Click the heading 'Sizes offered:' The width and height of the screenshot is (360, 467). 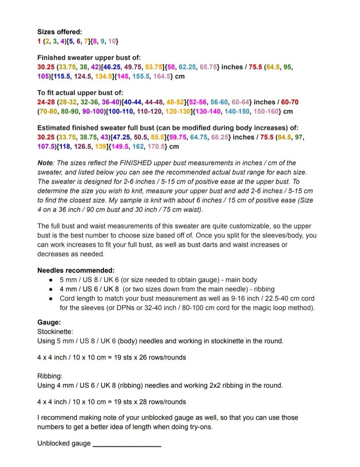pyautogui.click(x=60, y=32)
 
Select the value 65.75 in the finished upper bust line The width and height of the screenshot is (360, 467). pyautogui.click(x=209, y=67)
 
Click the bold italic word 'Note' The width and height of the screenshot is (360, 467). pyautogui.click(x=45, y=163)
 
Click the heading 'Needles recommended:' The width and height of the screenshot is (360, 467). pyautogui.click(x=76, y=271)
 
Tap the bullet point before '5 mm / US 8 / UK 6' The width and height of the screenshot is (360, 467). pyautogui.click(x=51, y=280)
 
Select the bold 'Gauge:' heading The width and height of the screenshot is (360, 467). pyautogui.click(x=49, y=323)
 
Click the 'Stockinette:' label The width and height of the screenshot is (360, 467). pyautogui.click(x=55, y=331)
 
